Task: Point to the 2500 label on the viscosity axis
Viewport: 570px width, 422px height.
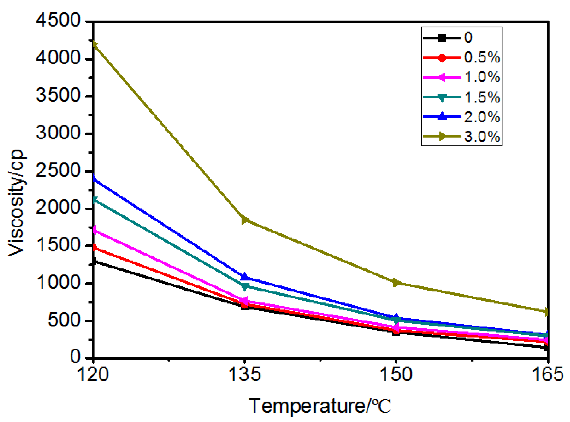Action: pos(58,171)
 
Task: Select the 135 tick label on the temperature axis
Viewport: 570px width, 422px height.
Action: pos(245,375)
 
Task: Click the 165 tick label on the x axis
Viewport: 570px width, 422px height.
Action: pos(548,375)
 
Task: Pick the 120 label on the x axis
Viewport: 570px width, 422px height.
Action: pos(93,375)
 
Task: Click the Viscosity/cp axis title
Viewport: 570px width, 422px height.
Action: pos(17,202)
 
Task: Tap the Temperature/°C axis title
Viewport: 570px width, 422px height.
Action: pos(319,406)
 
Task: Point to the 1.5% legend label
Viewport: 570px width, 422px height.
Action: pos(482,97)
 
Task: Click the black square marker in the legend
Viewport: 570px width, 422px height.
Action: pos(442,38)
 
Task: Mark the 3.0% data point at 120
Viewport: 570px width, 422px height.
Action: pos(94,44)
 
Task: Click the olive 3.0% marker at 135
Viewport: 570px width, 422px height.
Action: pos(245,220)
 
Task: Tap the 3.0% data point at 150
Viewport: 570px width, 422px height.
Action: pos(396,283)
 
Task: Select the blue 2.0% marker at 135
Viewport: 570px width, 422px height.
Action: pos(245,277)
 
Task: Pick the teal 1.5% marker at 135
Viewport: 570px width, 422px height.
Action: pos(245,286)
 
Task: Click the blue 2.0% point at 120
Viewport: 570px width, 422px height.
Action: pos(94,178)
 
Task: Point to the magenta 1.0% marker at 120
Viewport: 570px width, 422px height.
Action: pos(94,230)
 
